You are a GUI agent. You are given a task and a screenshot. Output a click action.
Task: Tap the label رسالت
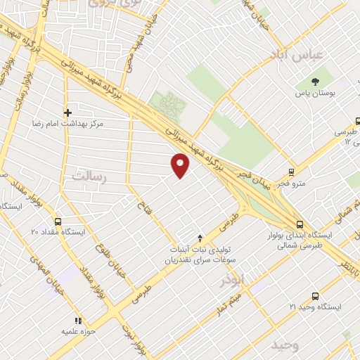[88, 175]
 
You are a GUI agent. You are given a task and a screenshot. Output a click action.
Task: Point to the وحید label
[285, 345]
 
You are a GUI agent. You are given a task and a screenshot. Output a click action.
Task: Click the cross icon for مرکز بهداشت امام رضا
[67, 112]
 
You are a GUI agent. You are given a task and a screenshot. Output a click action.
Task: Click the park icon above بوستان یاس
[315, 82]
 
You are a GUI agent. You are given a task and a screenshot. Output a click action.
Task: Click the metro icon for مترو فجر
[292, 173]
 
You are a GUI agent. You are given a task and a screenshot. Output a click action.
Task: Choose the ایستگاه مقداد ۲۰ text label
[58, 231]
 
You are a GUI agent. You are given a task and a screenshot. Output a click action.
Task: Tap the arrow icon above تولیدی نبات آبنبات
[200, 238]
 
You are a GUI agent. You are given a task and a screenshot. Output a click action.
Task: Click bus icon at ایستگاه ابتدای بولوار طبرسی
[300, 224]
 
